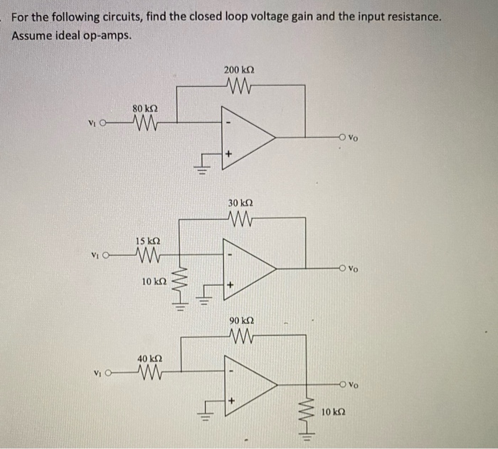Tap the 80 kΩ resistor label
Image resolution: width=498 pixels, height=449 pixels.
(x=144, y=108)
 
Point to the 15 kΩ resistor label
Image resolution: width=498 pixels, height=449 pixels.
(x=146, y=241)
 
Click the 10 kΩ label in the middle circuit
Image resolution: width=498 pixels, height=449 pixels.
(x=153, y=282)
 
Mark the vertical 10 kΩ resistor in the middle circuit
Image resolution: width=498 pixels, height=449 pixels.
(x=178, y=281)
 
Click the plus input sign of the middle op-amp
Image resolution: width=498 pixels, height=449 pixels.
(x=229, y=285)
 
